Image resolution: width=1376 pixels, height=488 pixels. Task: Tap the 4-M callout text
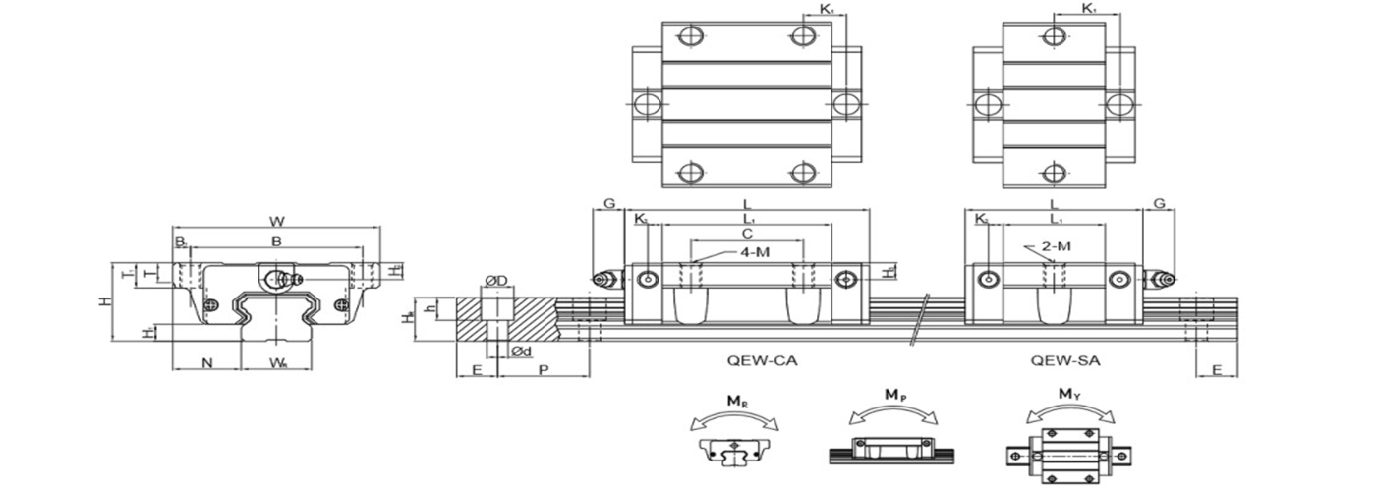click(756, 253)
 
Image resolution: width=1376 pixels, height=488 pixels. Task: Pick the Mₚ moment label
click(895, 395)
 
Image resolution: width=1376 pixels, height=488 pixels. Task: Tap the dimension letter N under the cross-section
click(207, 363)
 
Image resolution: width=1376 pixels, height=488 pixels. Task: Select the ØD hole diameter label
click(497, 282)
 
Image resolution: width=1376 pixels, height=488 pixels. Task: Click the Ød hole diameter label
click(522, 352)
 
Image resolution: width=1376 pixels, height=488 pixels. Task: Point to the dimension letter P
click(544, 370)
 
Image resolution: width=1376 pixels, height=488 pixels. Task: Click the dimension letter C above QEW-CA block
click(747, 234)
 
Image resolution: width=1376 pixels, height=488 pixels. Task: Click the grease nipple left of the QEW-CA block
click(603, 280)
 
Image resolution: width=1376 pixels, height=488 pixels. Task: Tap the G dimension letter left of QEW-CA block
click(609, 204)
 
